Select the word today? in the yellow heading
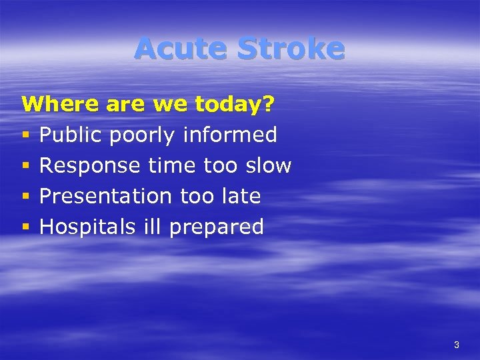(x=237, y=105)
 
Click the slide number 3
(x=456, y=345)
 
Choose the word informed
(x=230, y=135)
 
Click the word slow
(x=268, y=165)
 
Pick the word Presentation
(x=106, y=196)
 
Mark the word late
(x=239, y=196)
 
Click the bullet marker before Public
(x=26, y=136)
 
